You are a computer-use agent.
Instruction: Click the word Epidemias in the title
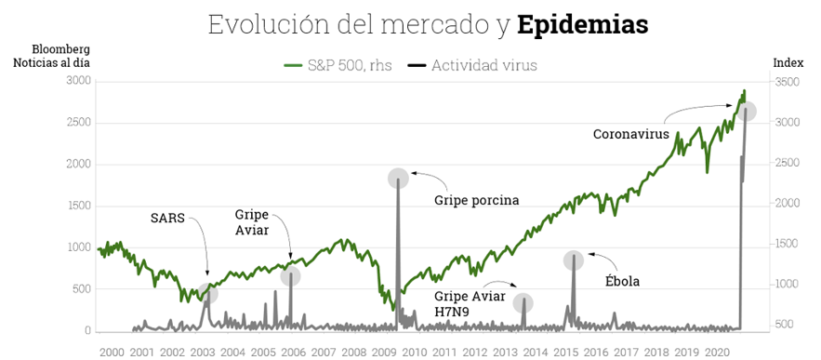coord(582,25)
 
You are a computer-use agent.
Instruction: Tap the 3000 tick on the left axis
coord(78,81)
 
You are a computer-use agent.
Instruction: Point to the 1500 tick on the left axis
coord(78,206)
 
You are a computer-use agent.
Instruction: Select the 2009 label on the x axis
coord(383,353)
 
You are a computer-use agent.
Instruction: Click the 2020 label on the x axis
coord(716,353)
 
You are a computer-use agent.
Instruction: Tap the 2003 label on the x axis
coord(202,353)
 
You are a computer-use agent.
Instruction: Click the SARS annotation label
coord(167,219)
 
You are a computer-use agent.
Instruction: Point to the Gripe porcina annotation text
coord(476,200)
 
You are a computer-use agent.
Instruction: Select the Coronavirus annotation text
coord(631,134)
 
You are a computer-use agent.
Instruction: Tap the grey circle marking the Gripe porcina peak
coord(398,178)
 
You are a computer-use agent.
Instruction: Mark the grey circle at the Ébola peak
coord(574,260)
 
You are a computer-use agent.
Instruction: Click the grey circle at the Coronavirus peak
coord(746,112)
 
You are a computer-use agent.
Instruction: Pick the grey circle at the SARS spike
coord(208,294)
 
